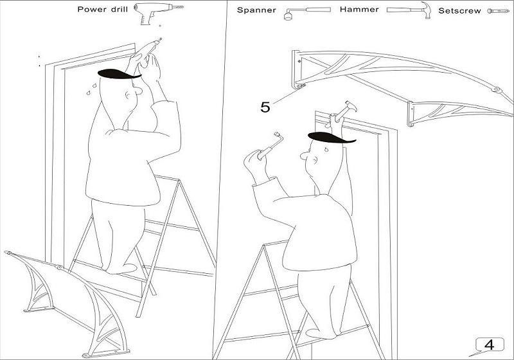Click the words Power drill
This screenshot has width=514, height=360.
(x=102, y=9)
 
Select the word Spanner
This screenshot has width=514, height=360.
(x=256, y=10)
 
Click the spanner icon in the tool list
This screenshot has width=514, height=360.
(x=307, y=12)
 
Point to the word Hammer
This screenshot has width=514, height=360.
(x=359, y=10)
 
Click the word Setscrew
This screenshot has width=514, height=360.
(x=459, y=11)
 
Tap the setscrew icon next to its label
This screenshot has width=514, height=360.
(x=499, y=11)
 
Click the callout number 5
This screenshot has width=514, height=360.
(x=265, y=107)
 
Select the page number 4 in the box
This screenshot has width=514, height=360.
(x=489, y=345)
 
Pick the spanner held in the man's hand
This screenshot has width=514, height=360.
(x=270, y=146)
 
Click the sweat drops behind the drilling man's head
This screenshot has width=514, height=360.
(x=91, y=89)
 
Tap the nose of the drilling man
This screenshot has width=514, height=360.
(x=138, y=91)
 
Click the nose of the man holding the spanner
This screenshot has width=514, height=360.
(x=304, y=156)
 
